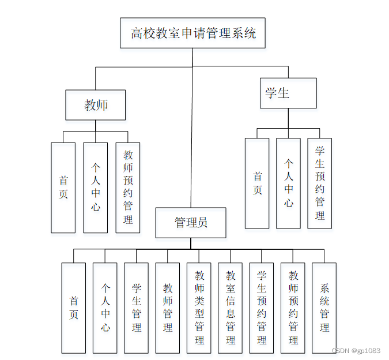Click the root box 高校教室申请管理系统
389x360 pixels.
(x=193, y=33)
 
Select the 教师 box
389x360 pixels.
(x=96, y=105)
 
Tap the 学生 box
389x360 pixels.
(x=288, y=93)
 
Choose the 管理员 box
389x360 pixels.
(x=191, y=223)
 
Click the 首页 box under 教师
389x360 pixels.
(x=63, y=187)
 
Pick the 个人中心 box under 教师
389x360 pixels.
(x=96, y=187)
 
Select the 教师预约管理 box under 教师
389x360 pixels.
(x=128, y=187)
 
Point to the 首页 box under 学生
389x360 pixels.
(x=257, y=183)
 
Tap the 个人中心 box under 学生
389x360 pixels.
(x=288, y=183)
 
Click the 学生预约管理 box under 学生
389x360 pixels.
(x=320, y=183)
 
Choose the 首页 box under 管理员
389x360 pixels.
(x=74, y=307)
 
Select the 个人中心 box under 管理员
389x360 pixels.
(x=105, y=307)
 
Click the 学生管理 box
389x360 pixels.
(x=137, y=307)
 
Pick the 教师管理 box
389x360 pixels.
(x=168, y=307)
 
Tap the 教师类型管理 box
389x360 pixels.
(x=199, y=307)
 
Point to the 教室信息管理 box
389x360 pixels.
(x=231, y=307)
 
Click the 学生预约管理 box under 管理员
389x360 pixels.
(x=262, y=307)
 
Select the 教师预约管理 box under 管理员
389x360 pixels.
(x=293, y=307)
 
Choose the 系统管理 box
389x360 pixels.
(x=324, y=307)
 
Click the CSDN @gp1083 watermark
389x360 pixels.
(x=357, y=351)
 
